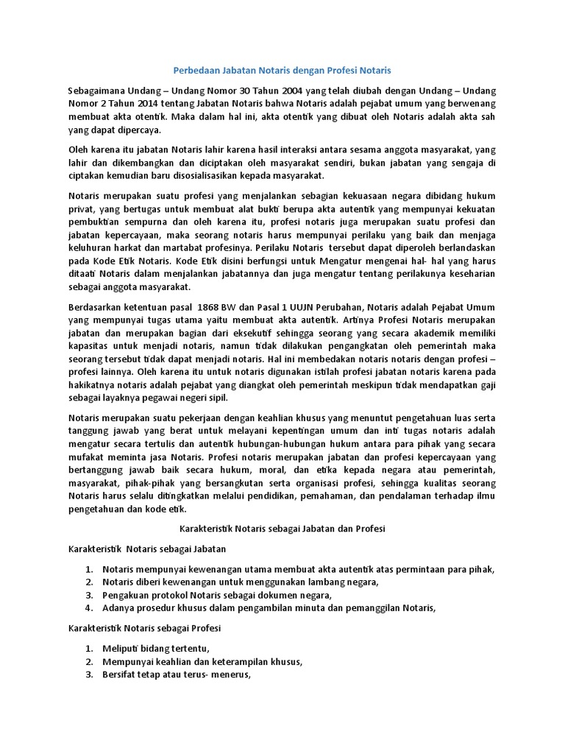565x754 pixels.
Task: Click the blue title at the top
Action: point(282,71)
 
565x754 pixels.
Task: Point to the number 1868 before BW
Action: point(202,306)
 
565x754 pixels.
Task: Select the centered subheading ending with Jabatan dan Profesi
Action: point(282,529)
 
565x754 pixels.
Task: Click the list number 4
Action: point(88,608)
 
